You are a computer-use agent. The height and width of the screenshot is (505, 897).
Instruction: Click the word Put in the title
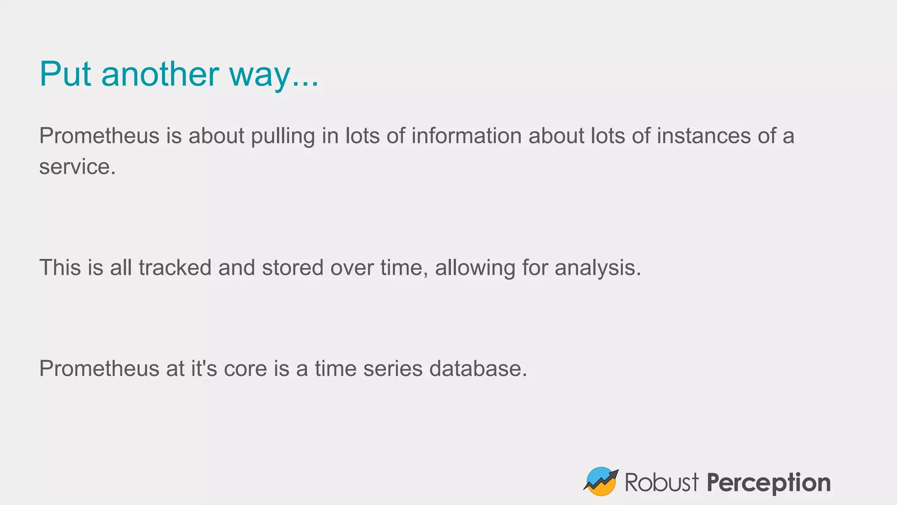click(65, 74)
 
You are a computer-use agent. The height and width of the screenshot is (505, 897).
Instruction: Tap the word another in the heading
click(160, 74)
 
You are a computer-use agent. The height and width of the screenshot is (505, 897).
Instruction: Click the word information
click(466, 136)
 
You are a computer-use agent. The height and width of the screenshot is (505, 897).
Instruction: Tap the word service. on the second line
click(78, 167)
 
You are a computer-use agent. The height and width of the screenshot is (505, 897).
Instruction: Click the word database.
click(478, 368)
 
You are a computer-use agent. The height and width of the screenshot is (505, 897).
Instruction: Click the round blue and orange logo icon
click(600, 482)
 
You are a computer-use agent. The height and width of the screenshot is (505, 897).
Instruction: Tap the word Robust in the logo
click(661, 483)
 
